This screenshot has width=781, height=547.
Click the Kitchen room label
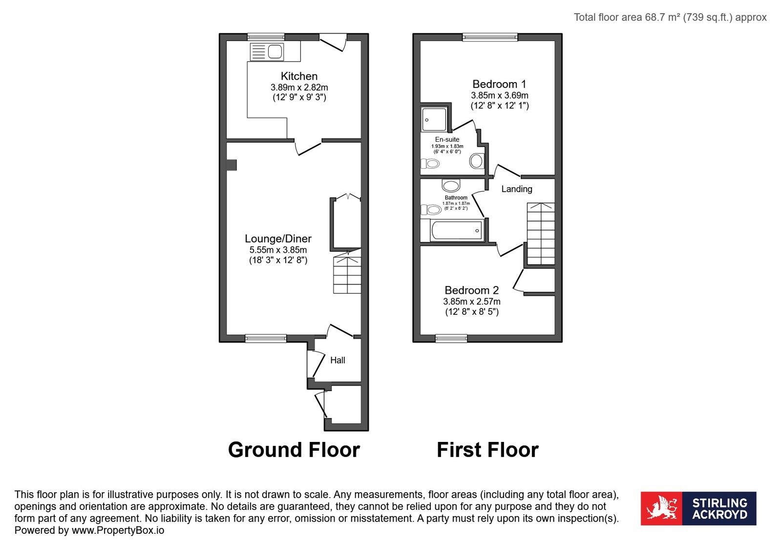pyautogui.click(x=299, y=76)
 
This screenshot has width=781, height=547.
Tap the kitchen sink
pyautogui.click(x=267, y=52)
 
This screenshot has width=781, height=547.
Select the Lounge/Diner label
pyautogui.click(x=278, y=239)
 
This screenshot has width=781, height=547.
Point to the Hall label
pyautogui.click(x=338, y=360)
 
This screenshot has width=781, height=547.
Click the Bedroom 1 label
pyautogui.click(x=499, y=84)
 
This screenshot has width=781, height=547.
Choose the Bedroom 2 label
pyautogui.click(x=471, y=290)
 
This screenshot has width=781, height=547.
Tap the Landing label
pyautogui.click(x=517, y=189)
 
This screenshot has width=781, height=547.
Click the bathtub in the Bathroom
pyautogui.click(x=457, y=230)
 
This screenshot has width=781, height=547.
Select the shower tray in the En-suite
pyautogui.click(x=434, y=119)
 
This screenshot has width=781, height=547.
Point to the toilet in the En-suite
pyautogui.click(x=430, y=163)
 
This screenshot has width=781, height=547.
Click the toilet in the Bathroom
pyautogui.click(x=431, y=210)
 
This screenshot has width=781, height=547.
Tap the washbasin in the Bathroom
pyautogui.click(x=451, y=185)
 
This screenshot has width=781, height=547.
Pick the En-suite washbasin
pyautogui.click(x=476, y=161)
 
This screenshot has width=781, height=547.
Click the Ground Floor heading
pyautogui.click(x=294, y=450)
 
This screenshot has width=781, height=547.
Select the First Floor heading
pyautogui.click(x=487, y=450)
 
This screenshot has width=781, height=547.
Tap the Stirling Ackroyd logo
pyautogui.click(x=698, y=508)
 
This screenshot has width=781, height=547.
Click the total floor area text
pyautogui.click(x=670, y=18)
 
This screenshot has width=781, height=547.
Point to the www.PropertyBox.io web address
pyautogui.click(x=118, y=530)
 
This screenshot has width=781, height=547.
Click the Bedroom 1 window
pyautogui.click(x=490, y=37)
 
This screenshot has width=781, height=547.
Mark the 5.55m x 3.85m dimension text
pyautogui.click(x=278, y=250)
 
